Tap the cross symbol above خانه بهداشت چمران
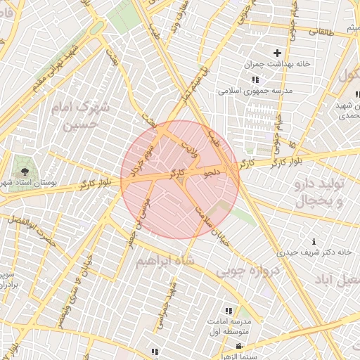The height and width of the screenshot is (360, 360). point(277,53)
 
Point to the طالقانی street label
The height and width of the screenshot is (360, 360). point(323,31)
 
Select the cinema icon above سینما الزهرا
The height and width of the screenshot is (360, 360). point(240,346)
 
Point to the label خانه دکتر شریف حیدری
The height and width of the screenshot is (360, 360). point(314,251)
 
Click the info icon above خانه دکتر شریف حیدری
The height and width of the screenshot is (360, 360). point(314,241)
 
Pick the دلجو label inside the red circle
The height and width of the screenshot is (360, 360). point(212,171)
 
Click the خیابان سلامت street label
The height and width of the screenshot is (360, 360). point(212,221)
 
